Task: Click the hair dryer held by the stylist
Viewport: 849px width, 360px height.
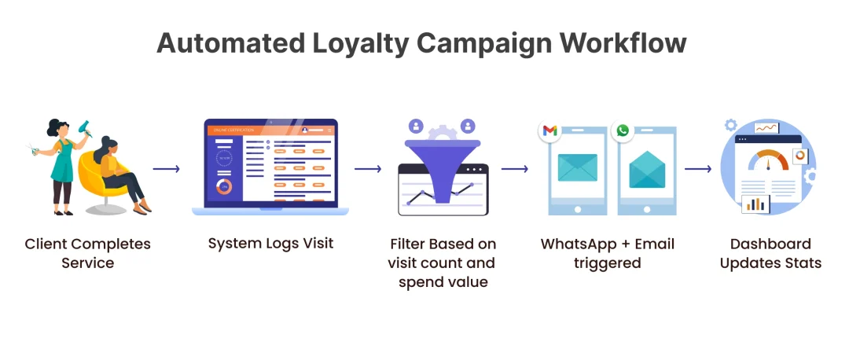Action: tap(84, 128)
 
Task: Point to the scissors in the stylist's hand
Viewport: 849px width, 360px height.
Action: tap(34, 149)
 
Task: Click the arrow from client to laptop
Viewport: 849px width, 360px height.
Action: tap(166, 169)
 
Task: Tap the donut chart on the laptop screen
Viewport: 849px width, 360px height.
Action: tap(223, 187)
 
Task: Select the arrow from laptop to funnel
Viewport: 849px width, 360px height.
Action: tap(368, 169)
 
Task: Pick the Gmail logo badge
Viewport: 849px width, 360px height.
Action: tap(549, 130)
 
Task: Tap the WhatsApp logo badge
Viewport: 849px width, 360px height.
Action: tap(622, 130)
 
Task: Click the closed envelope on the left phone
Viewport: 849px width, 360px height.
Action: tap(577, 168)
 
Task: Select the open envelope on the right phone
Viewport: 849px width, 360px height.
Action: tap(647, 170)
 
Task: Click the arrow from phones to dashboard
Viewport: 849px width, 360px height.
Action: tap(698, 169)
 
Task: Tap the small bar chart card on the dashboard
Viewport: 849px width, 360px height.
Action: tap(755, 204)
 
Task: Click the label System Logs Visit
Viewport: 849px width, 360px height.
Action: tap(270, 243)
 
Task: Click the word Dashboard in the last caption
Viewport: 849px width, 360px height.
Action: tap(770, 244)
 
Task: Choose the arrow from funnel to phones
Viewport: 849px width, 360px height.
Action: tap(515, 169)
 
